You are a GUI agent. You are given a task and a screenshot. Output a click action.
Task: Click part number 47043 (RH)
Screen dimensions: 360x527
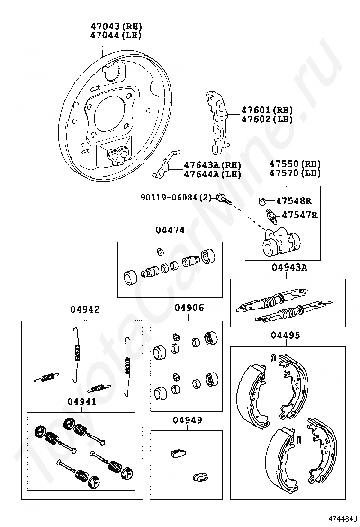(116, 26)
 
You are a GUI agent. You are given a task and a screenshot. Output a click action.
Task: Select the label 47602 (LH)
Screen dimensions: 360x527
(267, 119)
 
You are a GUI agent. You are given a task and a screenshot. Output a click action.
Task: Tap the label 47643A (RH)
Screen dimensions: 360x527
(212, 165)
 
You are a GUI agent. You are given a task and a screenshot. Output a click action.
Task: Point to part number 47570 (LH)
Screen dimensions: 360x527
(295, 173)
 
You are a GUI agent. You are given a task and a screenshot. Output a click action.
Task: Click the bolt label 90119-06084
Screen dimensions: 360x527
(169, 197)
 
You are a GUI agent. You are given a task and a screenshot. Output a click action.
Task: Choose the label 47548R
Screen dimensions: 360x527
(294, 201)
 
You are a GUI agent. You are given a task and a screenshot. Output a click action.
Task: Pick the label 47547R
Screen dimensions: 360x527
(299, 215)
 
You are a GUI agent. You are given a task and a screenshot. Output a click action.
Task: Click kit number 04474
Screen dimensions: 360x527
(170, 230)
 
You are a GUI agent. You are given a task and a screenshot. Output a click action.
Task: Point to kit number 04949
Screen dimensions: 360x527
(188, 420)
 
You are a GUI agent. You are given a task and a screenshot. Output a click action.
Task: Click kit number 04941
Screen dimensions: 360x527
(81, 401)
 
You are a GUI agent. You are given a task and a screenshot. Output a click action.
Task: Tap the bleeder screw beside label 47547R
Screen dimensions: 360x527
(272, 217)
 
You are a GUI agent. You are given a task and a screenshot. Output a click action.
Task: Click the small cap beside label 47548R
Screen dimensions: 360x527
(262, 201)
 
